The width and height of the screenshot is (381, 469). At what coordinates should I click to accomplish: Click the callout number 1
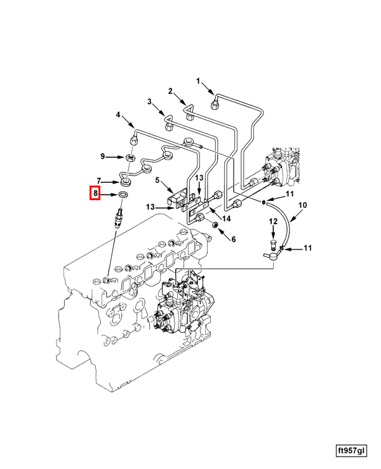pyautogui.click(x=197, y=81)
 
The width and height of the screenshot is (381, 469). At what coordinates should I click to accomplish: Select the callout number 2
pyautogui.click(x=170, y=91)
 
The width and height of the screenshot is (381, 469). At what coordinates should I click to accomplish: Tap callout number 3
pyautogui.click(x=150, y=102)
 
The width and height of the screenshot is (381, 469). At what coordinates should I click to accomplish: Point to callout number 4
pyautogui.click(x=117, y=115)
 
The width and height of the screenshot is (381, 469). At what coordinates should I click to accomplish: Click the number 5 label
pyautogui.click(x=157, y=180)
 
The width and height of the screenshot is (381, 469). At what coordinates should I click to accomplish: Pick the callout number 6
pyautogui.click(x=233, y=239)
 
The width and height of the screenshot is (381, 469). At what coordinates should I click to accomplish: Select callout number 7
pyautogui.click(x=99, y=180)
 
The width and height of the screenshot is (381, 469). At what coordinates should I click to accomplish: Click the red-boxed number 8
pyautogui.click(x=95, y=193)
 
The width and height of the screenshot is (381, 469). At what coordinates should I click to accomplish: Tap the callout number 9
pyautogui.click(x=102, y=156)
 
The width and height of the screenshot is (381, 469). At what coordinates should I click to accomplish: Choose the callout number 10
pyautogui.click(x=302, y=205)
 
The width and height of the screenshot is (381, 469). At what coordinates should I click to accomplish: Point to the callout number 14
pyautogui.click(x=226, y=219)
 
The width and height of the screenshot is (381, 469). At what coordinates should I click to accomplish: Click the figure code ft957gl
pyautogui.click(x=351, y=451)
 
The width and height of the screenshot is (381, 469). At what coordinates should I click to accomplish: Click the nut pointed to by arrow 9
pyautogui.click(x=129, y=156)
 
